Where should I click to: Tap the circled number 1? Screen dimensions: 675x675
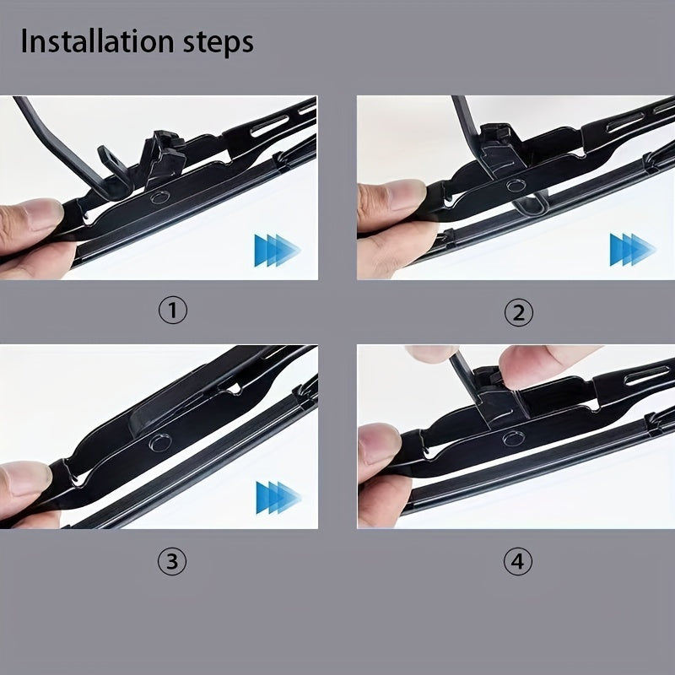pos(173,311)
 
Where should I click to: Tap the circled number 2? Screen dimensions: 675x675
pos(519,313)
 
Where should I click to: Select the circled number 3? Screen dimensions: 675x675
pos(173,562)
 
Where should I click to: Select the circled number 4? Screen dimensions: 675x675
pos(519,562)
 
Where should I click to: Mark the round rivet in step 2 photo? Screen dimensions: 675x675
pos(513,187)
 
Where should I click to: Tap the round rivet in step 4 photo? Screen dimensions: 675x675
pos(511,438)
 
